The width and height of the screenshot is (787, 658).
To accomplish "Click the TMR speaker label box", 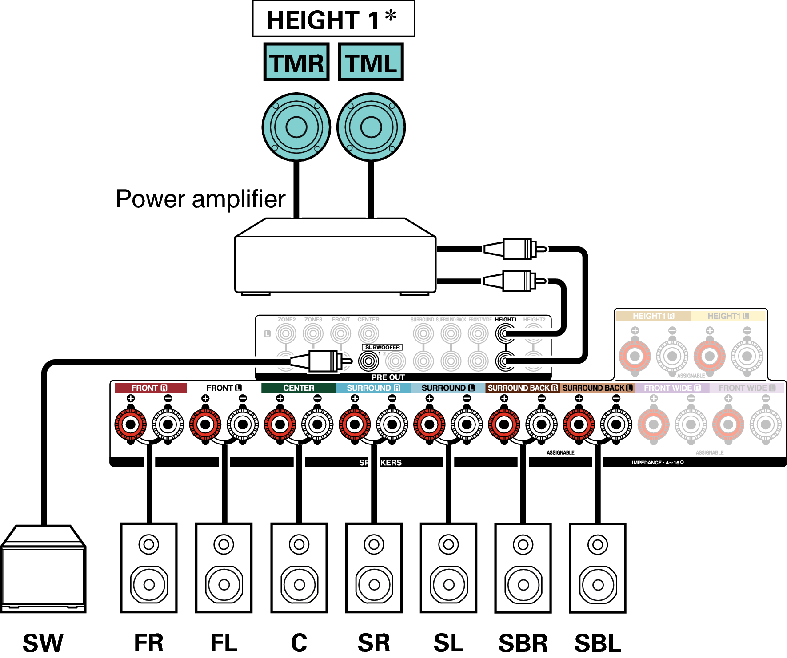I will pyautogui.click(x=296, y=62).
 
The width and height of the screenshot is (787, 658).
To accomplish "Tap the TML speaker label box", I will pyautogui.click(x=371, y=62).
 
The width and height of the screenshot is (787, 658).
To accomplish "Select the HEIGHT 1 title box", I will pyautogui.click(x=333, y=19).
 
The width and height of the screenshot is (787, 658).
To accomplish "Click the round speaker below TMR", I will pyautogui.click(x=296, y=127).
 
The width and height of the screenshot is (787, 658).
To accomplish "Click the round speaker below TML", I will pyautogui.click(x=371, y=127).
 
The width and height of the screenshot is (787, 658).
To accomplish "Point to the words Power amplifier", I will pyautogui.click(x=200, y=199).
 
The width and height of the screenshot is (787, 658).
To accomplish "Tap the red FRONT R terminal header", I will pyautogui.click(x=150, y=388).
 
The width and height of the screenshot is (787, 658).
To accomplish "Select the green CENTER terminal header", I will pyautogui.click(x=299, y=388).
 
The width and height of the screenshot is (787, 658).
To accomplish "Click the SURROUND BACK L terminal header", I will pyautogui.click(x=597, y=388).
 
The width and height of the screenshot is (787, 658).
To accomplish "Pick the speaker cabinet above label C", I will pyautogui.click(x=299, y=568).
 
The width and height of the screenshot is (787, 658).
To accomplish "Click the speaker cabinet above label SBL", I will pyautogui.click(x=598, y=568).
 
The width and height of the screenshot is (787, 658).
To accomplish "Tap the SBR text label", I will pyautogui.click(x=523, y=642).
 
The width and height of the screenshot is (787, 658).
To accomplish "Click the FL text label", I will pyautogui.click(x=224, y=642).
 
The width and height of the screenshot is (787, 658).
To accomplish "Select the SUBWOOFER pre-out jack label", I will pyautogui.click(x=382, y=347).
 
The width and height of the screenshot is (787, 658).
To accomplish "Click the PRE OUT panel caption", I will pyautogui.click(x=388, y=377).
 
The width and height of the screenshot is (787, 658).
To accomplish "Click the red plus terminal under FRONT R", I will pyautogui.click(x=131, y=424).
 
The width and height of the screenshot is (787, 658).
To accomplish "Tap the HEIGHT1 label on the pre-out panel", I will pyautogui.click(x=506, y=320).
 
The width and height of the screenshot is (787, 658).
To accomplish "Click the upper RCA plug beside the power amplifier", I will pyautogui.click(x=515, y=249).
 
